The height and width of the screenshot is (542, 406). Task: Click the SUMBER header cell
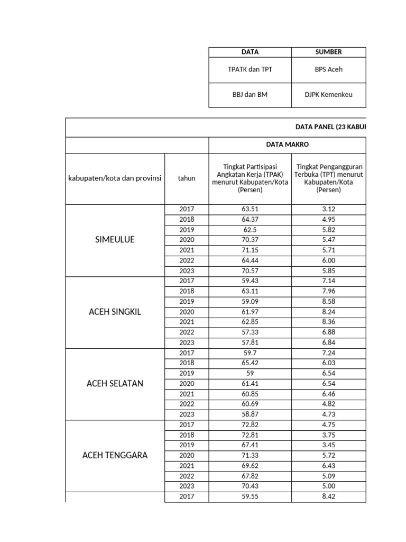328,52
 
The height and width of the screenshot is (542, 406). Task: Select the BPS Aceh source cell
328,69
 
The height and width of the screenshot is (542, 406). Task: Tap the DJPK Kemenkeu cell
328,95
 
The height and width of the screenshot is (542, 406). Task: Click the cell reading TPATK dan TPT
250,69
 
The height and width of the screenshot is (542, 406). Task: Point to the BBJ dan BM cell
250,95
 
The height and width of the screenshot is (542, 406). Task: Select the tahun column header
187,178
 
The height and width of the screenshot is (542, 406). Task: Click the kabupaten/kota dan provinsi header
115,178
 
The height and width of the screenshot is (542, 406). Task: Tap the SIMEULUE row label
115,240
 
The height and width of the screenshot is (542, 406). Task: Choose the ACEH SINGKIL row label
115,312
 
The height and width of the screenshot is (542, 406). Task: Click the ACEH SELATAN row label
115,383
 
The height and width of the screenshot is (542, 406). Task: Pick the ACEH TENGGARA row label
115,455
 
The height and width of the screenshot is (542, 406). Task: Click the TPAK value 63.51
250,209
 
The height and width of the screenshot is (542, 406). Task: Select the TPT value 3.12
328,209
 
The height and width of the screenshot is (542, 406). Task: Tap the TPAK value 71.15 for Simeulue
250,250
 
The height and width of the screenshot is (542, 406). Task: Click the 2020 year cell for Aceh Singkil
187,312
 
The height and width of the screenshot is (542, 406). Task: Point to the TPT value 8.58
328,301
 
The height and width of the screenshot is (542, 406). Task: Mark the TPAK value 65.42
250,363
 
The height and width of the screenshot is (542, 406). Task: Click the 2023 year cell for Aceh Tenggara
187,486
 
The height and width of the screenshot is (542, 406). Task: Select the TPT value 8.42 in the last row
328,496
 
